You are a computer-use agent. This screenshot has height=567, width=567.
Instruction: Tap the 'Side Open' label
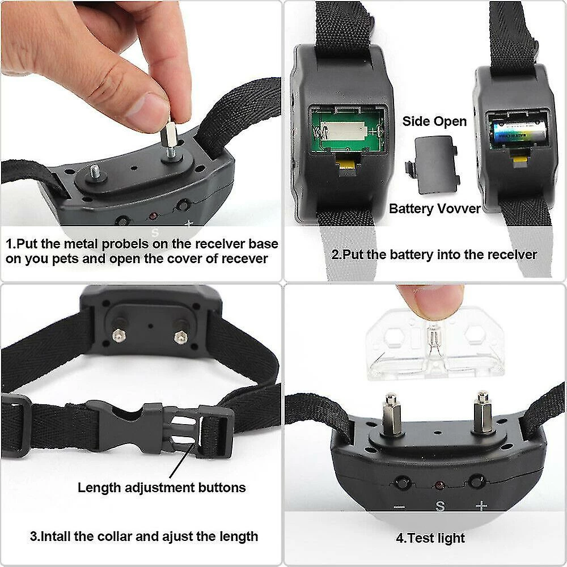pos(434,121)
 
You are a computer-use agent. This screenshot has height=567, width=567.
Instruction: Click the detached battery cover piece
pos(433,165)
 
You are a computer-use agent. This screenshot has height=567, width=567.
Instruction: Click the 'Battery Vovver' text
pos(434,209)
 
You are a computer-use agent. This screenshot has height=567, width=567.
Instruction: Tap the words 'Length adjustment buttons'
pos(162,488)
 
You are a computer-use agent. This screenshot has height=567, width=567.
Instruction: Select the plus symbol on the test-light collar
pos(481,506)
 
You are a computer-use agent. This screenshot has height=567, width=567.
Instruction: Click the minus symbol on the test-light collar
pos(399,507)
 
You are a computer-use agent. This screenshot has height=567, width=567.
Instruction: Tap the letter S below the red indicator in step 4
pos(440,506)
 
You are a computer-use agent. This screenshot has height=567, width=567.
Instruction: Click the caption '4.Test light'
pos(430,538)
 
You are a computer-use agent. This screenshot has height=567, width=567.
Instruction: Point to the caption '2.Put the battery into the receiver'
pos(434,255)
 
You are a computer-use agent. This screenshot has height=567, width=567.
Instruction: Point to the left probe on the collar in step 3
pos(117,335)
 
